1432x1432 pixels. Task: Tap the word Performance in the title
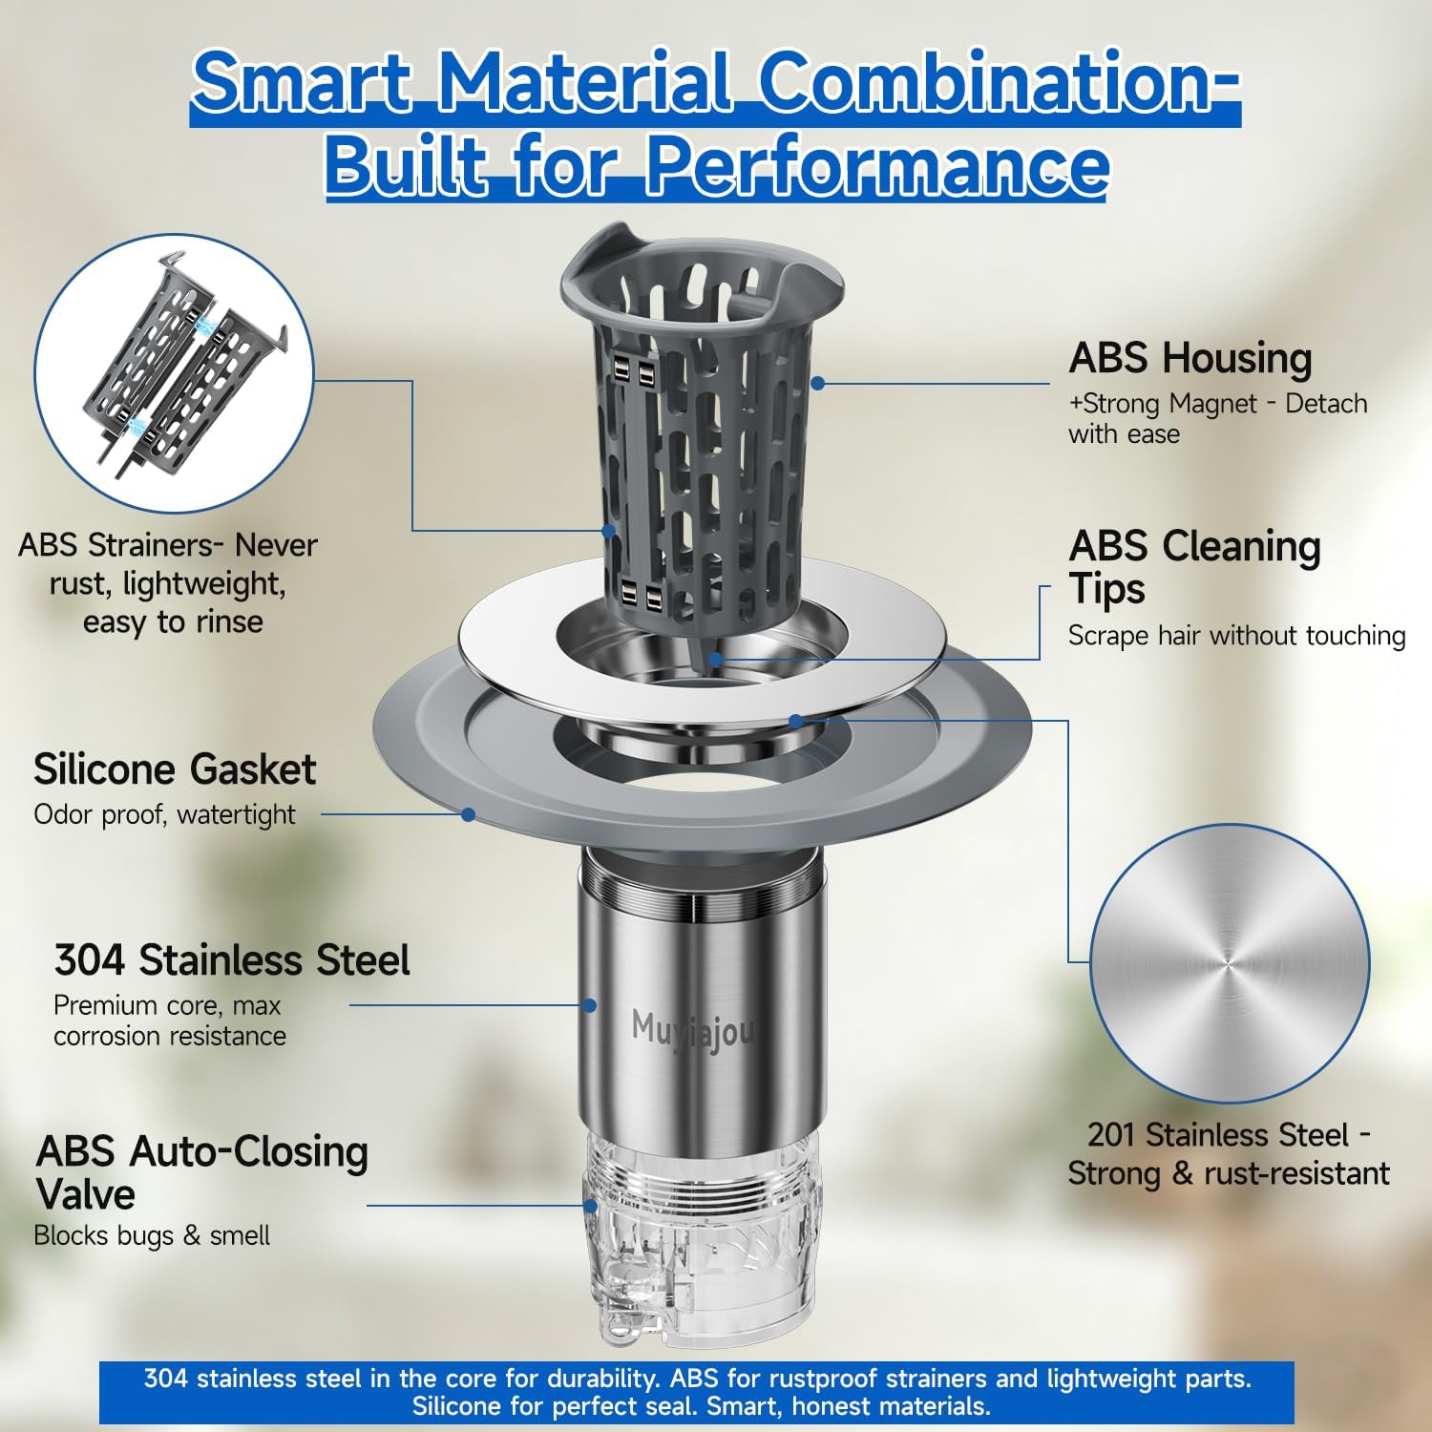click(878, 165)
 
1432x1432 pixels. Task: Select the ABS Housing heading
click(1190, 360)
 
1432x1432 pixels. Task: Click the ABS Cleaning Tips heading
click(1194, 567)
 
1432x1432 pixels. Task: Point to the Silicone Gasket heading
click(175, 769)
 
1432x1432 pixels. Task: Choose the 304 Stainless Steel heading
click(232, 960)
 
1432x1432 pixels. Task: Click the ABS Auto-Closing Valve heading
click(202, 1173)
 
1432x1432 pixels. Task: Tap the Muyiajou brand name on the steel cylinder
click(693, 1031)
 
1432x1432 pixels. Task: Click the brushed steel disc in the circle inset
click(1230, 963)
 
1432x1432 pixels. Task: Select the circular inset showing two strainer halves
click(174, 373)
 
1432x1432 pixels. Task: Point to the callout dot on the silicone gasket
click(468, 814)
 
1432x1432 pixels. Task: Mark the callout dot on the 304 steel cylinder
click(590, 1005)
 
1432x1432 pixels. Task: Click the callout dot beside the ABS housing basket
click(817, 383)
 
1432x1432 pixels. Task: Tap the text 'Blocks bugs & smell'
click(152, 1236)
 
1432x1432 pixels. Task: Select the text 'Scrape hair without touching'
click(1237, 636)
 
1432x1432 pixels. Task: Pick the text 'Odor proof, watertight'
click(164, 815)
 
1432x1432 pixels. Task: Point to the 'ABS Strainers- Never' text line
click(168, 545)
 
